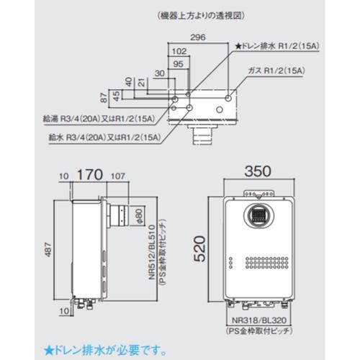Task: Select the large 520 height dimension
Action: [207, 249]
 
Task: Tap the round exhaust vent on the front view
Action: [259, 215]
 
